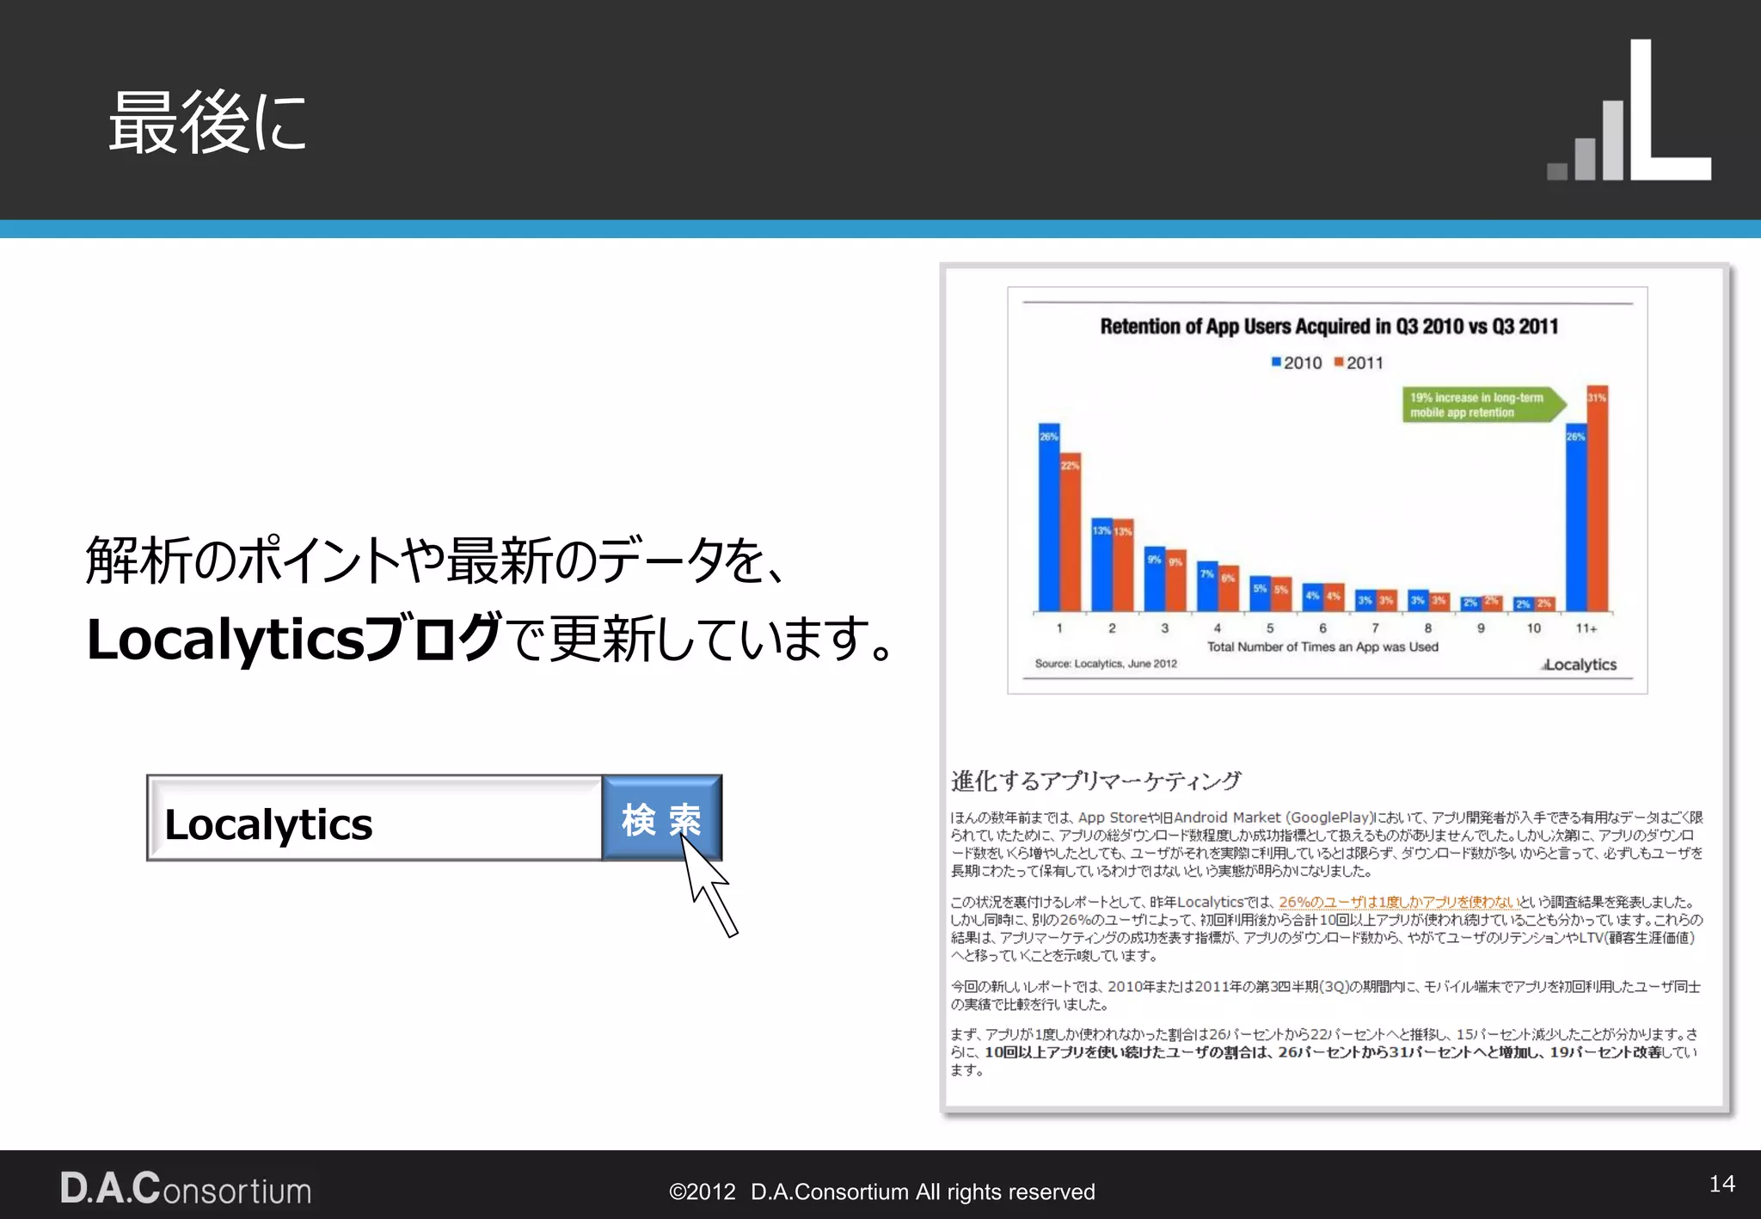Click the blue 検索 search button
[x=661, y=818]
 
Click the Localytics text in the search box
[x=268, y=824]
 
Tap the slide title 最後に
[x=207, y=123]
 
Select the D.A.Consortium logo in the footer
[x=186, y=1189]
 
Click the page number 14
[x=1721, y=1184]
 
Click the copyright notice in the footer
[x=881, y=1191]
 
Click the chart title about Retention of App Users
[x=1328, y=327]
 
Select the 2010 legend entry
[x=1297, y=363]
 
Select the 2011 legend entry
[x=1359, y=363]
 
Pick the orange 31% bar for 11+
[x=1597, y=499]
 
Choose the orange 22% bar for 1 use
[x=1070, y=532]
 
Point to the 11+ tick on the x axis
[x=1586, y=628]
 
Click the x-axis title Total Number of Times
[x=1322, y=646]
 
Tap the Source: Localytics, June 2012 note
[x=1106, y=664]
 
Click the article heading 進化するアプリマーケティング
[x=1095, y=781]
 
